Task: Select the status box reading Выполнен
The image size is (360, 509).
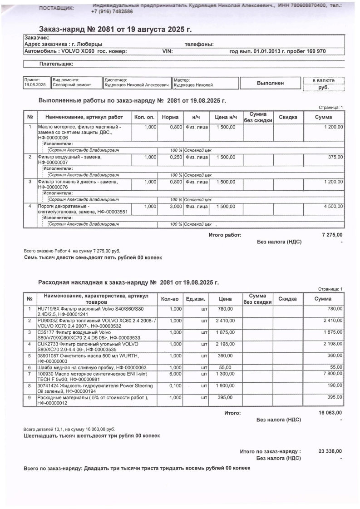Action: (270, 83)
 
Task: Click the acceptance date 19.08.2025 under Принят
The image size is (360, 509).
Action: (35, 85)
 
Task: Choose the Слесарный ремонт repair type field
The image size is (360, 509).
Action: (72, 85)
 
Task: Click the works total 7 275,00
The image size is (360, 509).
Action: (332, 235)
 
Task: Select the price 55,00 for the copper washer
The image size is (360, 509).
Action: (225, 367)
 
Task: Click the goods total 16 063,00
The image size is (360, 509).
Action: (330, 413)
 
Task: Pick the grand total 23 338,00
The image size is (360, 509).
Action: (330, 451)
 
